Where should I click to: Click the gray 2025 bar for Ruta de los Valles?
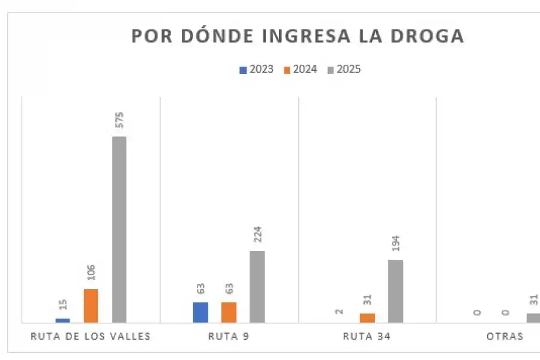pyautogui.click(x=119, y=229)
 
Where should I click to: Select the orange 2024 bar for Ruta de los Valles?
pyautogui.click(x=91, y=306)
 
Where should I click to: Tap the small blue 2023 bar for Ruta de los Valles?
pyautogui.click(x=62, y=320)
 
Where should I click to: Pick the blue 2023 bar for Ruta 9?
pyautogui.click(x=200, y=312)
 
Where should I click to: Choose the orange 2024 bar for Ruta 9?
pyautogui.click(x=229, y=312)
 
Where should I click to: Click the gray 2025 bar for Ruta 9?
pyautogui.click(x=257, y=286)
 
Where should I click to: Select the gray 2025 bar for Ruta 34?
pyautogui.click(x=395, y=291)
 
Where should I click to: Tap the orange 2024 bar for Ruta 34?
pyautogui.click(x=367, y=318)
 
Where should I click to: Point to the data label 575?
pyautogui.click(x=119, y=120)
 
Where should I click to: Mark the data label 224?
pyautogui.click(x=257, y=234)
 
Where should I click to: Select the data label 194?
pyautogui.click(x=395, y=244)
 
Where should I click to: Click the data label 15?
pyautogui.click(x=62, y=304)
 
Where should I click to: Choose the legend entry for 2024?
pyautogui.click(x=301, y=69)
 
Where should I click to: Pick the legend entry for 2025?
pyautogui.click(x=344, y=69)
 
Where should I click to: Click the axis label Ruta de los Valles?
pyautogui.click(x=91, y=336)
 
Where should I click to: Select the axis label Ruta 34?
pyautogui.click(x=367, y=336)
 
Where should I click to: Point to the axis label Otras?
pyautogui.click(x=505, y=336)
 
